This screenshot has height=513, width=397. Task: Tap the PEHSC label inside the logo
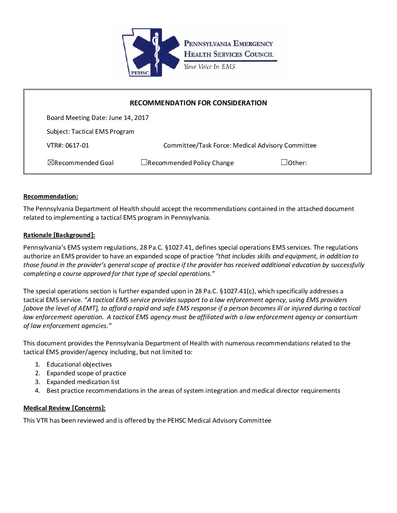click(x=138, y=73)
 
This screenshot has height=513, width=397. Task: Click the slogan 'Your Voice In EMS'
click(x=209, y=67)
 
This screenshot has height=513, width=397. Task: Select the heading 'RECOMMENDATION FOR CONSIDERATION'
click(x=198, y=103)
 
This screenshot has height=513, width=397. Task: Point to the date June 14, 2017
click(x=129, y=118)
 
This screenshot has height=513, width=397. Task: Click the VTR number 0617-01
click(x=77, y=145)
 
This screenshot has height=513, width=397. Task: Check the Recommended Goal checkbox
click(x=51, y=162)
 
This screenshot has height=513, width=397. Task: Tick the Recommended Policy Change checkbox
click(x=144, y=162)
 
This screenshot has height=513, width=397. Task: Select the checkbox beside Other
click(x=284, y=162)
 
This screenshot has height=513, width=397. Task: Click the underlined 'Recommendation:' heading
click(x=51, y=197)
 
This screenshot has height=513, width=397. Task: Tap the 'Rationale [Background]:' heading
click(x=59, y=235)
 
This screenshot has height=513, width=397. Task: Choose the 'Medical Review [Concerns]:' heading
click(x=64, y=408)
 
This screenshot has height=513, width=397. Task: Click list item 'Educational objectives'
click(x=79, y=364)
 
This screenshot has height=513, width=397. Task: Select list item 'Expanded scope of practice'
click(x=86, y=373)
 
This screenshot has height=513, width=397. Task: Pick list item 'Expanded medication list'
click(x=83, y=382)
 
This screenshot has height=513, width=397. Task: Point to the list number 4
click(x=37, y=391)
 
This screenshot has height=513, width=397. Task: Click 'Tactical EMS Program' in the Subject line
click(x=103, y=132)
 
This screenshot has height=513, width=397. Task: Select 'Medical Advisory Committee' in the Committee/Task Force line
click(x=274, y=145)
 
